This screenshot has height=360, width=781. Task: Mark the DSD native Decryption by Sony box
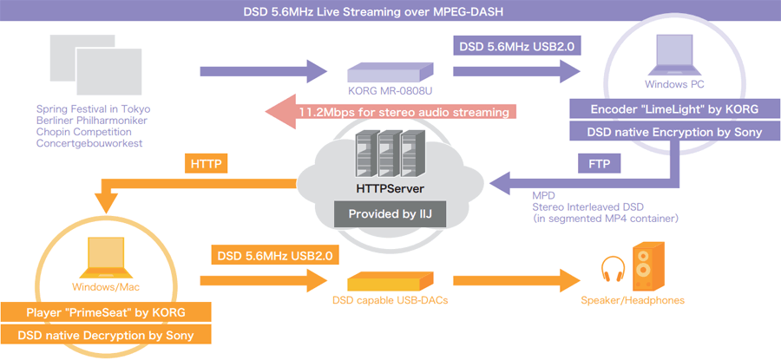coord(105,336)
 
